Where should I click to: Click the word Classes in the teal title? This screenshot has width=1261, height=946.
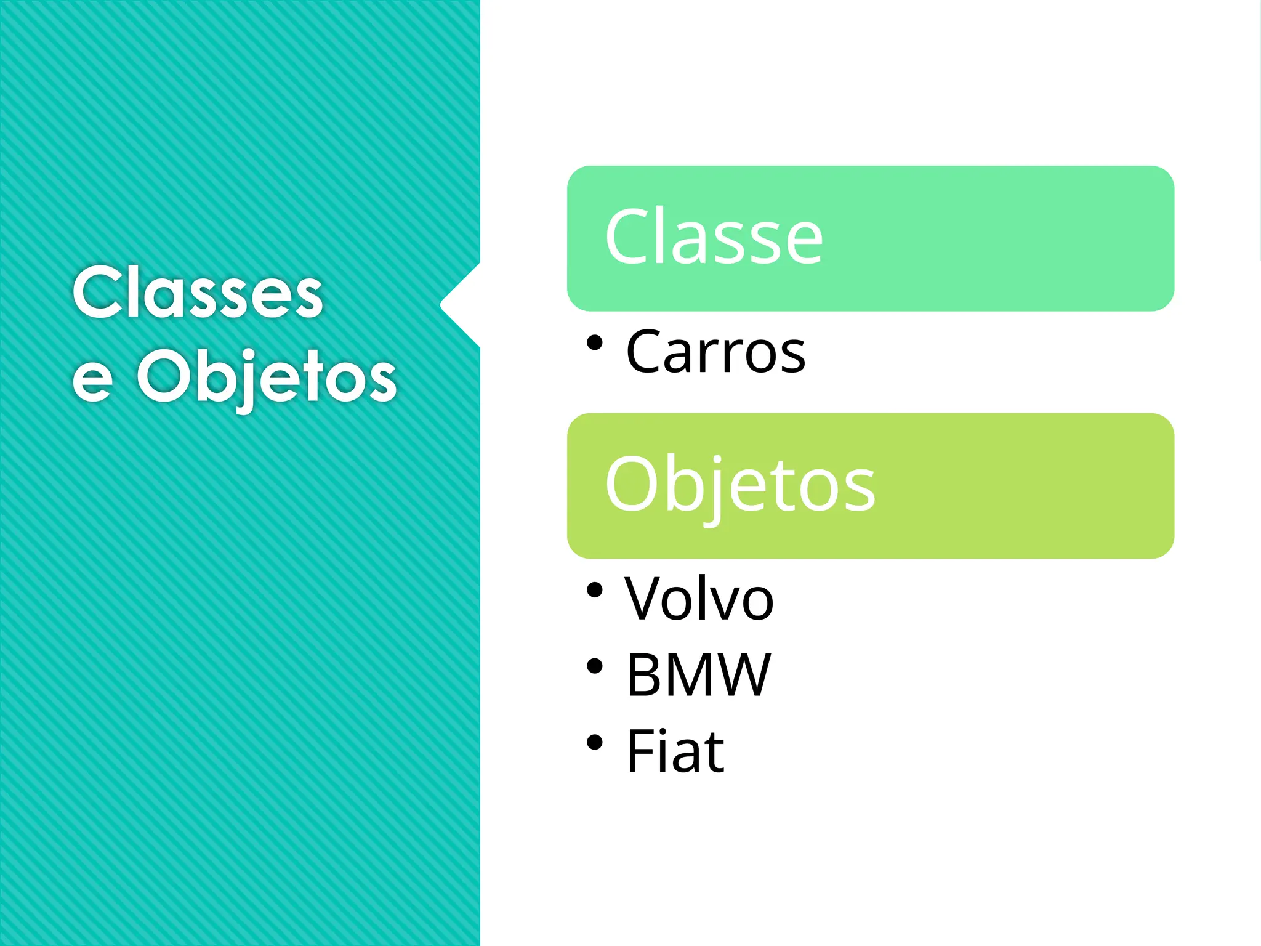(x=197, y=293)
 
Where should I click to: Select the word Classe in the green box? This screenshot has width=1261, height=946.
(x=714, y=237)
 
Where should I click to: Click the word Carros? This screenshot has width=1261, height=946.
(x=715, y=352)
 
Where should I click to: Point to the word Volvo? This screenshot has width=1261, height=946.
(x=699, y=599)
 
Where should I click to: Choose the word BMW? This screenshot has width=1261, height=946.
(x=698, y=675)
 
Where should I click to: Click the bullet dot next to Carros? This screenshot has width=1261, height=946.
(x=594, y=342)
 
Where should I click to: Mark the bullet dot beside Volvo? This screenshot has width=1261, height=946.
(x=594, y=590)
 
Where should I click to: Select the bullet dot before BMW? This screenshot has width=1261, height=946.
(x=594, y=666)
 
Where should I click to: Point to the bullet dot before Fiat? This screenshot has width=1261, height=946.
(x=594, y=742)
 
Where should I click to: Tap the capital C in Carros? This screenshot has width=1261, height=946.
(x=645, y=352)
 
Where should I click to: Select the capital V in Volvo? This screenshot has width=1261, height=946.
(x=643, y=599)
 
